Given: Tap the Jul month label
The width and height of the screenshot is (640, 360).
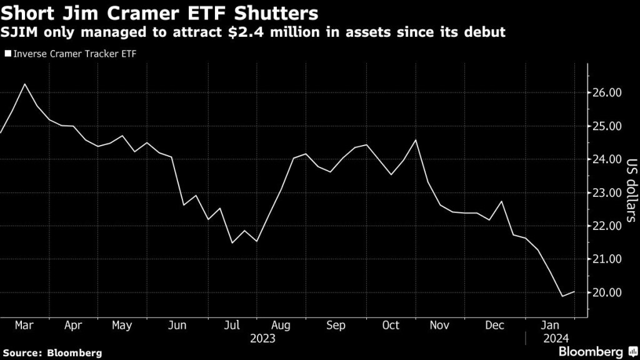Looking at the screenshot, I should [232, 326].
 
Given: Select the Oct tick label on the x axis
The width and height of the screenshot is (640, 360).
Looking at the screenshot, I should [391, 326].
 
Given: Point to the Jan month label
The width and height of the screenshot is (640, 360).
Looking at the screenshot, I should [550, 326].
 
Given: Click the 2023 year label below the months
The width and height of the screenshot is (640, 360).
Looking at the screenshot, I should [262, 338].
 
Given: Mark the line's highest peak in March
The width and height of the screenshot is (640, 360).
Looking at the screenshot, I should [24, 84].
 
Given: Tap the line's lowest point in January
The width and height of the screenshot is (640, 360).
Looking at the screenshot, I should [562, 296].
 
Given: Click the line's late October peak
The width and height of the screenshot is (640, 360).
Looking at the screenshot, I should [416, 139].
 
